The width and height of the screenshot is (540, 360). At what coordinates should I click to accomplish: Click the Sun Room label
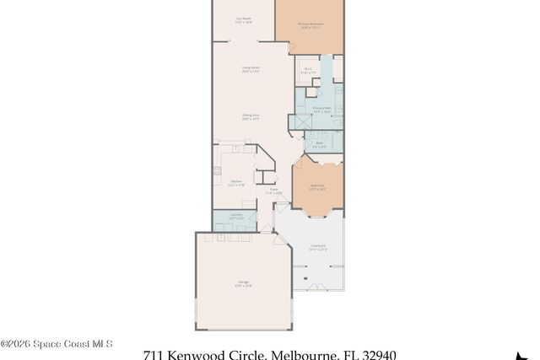click(243, 19)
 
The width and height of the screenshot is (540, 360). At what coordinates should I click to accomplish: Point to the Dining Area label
click(250, 117)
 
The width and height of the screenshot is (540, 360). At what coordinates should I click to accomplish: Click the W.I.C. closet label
click(308, 71)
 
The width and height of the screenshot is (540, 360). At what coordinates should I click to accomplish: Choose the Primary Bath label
click(322, 110)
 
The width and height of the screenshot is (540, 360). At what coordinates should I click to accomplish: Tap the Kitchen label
click(237, 182)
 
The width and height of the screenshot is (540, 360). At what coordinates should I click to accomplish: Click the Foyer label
click(273, 191)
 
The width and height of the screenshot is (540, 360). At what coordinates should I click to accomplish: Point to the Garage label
click(243, 285)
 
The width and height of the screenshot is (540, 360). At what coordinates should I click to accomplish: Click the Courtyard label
click(318, 248)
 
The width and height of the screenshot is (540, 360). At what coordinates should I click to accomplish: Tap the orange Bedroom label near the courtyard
click(317, 187)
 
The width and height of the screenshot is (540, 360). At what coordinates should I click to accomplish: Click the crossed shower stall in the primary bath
click(298, 121)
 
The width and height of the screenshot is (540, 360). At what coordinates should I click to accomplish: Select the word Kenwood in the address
click(199, 355)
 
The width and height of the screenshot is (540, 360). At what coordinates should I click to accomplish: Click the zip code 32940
click(375, 355)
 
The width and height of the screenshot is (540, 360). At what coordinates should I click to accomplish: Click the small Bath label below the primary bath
click(320, 144)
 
